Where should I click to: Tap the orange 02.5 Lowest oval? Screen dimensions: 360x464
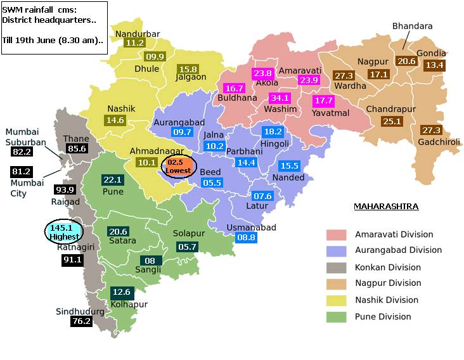click(180, 167)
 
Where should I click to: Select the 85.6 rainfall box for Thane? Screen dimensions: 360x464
click(76, 148)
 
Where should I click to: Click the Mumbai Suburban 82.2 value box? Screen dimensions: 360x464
click(22, 152)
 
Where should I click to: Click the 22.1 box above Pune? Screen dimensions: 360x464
click(112, 180)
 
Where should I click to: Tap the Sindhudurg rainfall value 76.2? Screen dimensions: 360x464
click(81, 321)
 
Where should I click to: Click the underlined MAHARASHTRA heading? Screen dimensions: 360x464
click(385, 207)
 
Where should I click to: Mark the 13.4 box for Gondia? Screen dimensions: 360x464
click(435, 65)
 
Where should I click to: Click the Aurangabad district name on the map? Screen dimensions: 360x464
click(179, 122)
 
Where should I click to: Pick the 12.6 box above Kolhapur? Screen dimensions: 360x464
click(120, 292)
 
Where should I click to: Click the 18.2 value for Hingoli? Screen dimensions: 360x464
click(273, 131)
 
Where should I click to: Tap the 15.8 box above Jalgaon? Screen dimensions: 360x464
click(189, 68)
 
